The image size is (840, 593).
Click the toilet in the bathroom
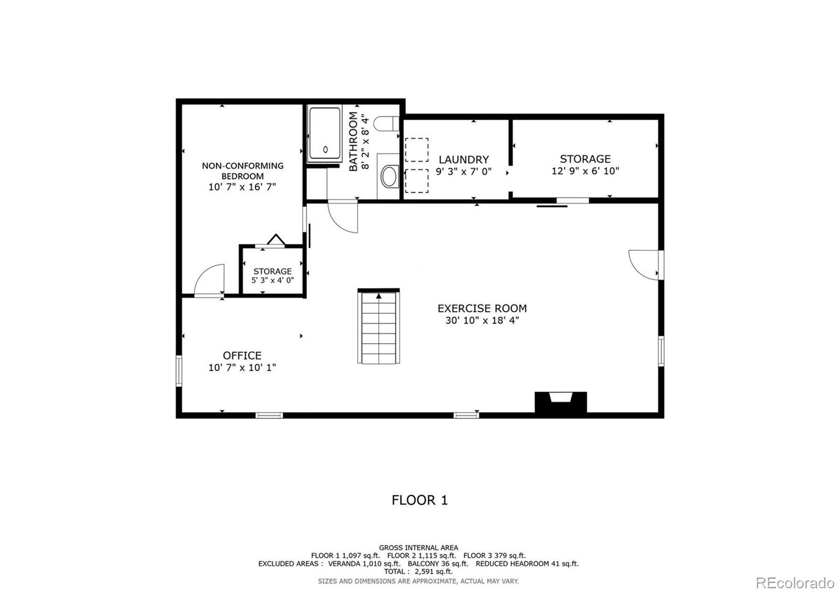point(386,123)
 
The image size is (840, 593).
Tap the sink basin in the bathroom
point(390,176)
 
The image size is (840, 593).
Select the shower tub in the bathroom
point(324,134)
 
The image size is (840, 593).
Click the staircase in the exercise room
point(379,326)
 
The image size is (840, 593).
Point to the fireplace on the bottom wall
point(561,403)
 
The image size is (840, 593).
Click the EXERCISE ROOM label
point(482,309)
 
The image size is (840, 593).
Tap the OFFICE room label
point(242,355)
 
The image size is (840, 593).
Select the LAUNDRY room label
point(464,160)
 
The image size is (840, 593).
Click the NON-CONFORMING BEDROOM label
point(243,171)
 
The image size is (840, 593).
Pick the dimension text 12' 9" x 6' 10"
point(585,171)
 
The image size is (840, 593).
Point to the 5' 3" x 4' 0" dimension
point(272,280)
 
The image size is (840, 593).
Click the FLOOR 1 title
point(419,500)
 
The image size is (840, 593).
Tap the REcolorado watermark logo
point(795,583)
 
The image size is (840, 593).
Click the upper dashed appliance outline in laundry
point(417,150)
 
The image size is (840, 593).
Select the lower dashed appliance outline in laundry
point(417,181)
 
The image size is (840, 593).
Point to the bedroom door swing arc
point(204,273)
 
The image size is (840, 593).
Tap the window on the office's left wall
point(179,370)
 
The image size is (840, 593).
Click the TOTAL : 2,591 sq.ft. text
point(418,571)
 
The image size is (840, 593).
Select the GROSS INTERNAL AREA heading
point(418,548)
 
